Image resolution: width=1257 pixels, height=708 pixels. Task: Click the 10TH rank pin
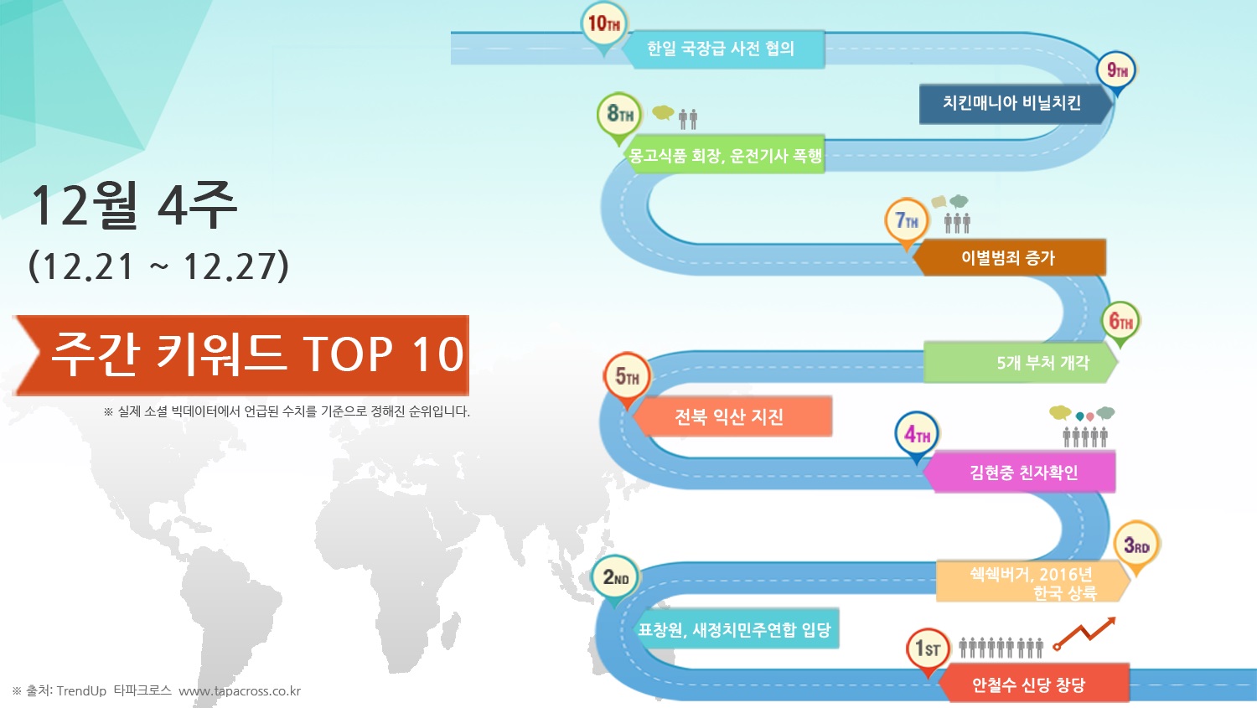tap(604, 26)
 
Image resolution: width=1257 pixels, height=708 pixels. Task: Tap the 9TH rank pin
tap(1116, 72)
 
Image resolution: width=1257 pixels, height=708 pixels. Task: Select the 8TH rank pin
tap(619, 116)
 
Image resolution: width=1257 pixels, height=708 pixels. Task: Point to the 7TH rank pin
tap(906, 222)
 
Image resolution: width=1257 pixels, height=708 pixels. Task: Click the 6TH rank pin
tap(1120, 323)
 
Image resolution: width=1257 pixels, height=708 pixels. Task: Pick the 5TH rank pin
tap(627, 378)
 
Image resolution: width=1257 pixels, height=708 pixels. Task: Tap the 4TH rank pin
tap(917, 436)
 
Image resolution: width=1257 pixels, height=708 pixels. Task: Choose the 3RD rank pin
tap(1136, 545)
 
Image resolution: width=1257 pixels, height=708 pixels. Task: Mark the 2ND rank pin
tap(615, 578)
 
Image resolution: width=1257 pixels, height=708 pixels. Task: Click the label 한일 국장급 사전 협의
tap(721, 49)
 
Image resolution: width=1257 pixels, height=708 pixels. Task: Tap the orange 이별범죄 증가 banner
tap(1009, 257)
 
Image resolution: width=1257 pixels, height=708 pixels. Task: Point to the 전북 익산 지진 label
tap(728, 416)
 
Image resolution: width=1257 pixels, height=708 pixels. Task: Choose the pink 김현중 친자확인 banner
tap(1019, 473)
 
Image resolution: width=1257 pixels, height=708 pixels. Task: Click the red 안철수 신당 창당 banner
tap(1033, 683)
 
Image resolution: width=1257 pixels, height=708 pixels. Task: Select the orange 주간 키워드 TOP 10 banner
tap(241, 356)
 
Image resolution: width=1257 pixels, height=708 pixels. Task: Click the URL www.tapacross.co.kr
tap(240, 691)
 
